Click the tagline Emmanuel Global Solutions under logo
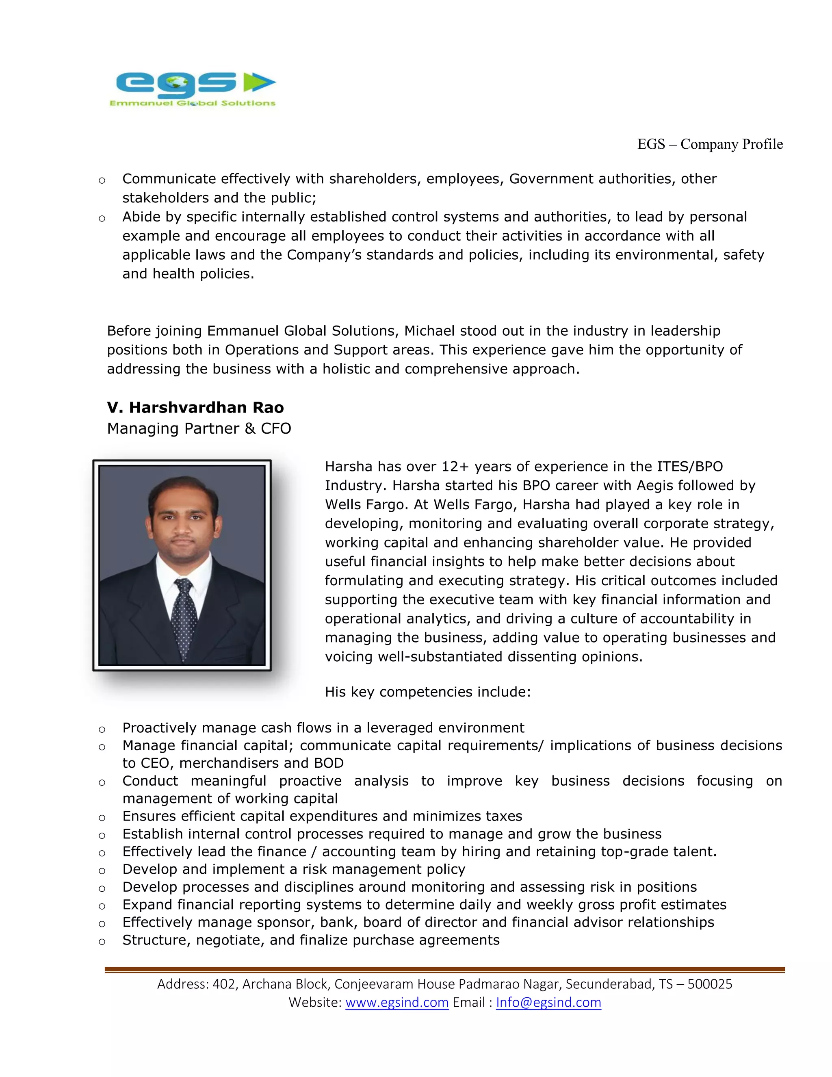pos(192,103)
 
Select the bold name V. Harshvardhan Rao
pos(195,407)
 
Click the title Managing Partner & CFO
pos(199,428)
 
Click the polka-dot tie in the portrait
pos(184,617)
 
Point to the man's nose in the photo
pos(182,530)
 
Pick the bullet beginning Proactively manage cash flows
pos(323,728)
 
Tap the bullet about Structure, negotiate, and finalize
pos(310,940)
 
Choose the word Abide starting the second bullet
pos(141,217)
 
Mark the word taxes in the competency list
pos(504,816)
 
